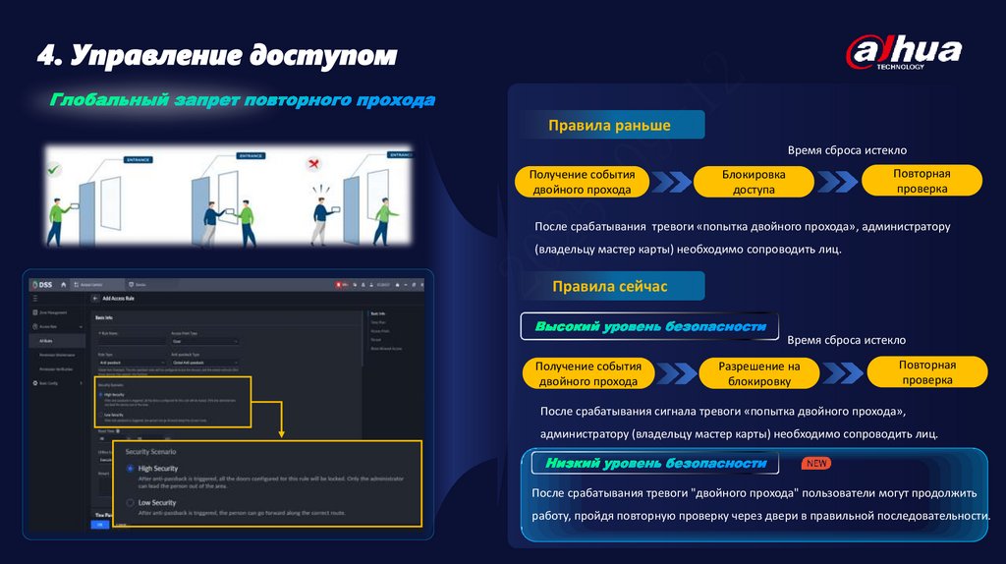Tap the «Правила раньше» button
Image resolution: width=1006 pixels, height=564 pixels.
pos(609,125)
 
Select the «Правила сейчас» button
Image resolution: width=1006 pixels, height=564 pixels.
pos(609,286)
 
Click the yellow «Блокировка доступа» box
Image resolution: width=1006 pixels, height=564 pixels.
pos(754,182)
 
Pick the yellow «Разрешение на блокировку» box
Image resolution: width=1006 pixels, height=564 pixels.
pos(759,373)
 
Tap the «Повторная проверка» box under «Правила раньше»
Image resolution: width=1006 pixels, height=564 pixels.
pos(921,180)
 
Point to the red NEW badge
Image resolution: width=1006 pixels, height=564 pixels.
pos(817,462)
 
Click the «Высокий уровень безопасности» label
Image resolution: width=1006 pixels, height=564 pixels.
pos(649,326)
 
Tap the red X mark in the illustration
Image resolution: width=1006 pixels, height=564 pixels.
pos(314,163)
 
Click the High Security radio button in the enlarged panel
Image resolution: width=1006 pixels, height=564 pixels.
pos(130,470)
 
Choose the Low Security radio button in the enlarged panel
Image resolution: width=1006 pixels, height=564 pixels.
pos(130,502)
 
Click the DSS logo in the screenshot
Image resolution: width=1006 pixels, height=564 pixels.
pos(40,284)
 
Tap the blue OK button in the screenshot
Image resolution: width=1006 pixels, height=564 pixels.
pos(100,525)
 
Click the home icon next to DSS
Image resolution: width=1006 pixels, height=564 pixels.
pos(64,284)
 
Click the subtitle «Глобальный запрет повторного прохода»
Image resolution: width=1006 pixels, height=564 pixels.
pos(243,100)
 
